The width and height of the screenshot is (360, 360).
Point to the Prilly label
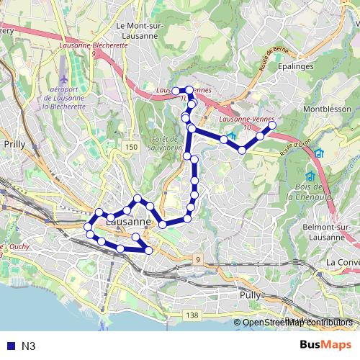point(14,144)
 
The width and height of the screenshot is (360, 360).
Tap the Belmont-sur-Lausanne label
point(328,232)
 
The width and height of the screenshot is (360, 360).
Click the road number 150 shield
point(130,147)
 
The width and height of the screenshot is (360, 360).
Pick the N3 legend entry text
point(29,346)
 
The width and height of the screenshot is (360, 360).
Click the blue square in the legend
point(9,346)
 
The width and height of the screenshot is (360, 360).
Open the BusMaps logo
point(325,345)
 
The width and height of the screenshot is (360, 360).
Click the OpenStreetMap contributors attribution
point(297,323)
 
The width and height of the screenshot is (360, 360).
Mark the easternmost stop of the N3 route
point(272,125)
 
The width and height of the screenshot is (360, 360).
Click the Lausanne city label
point(127,222)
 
